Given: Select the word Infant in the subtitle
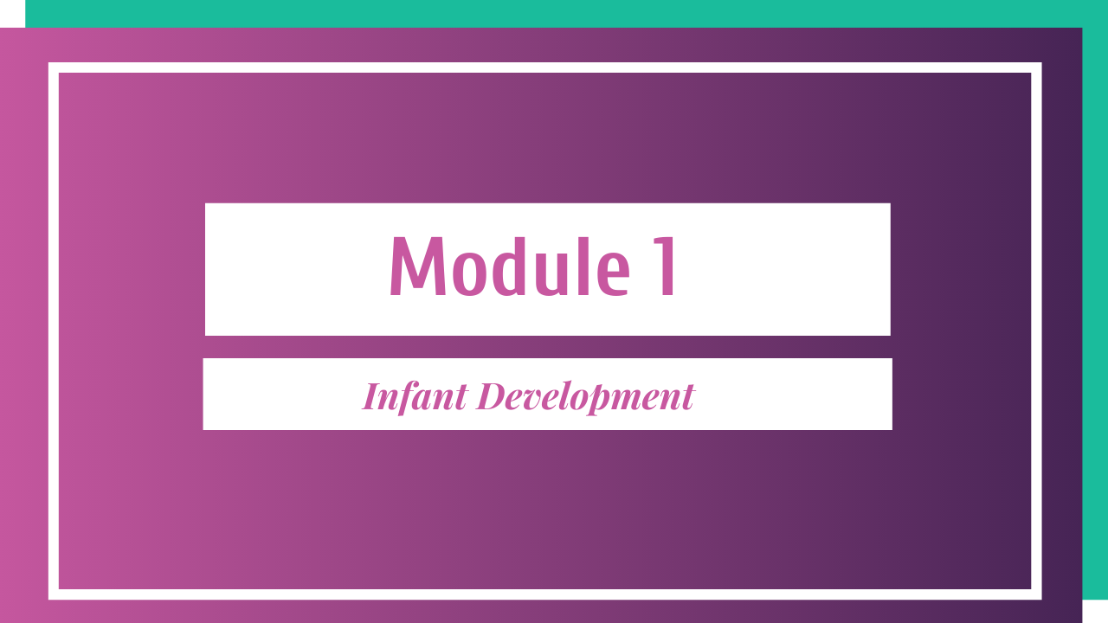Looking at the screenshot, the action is [x=415, y=397].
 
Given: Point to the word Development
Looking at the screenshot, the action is [x=586, y=397].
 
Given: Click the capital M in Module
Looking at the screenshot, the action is [x=418, y=266].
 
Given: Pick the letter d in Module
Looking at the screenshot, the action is [x=508, y=266].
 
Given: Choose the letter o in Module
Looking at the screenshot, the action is [x=467, y=275].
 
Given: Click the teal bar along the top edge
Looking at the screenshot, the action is [x=566, y=13].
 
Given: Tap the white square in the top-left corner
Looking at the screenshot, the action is [x=12, y=13].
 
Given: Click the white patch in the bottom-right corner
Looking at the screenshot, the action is [x=1095, y=612].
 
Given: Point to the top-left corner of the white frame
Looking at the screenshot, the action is [x=49, y=63].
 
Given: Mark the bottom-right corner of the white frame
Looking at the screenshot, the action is [x=1041, y=599].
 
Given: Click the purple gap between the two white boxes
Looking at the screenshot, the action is [x=548, y=347].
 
